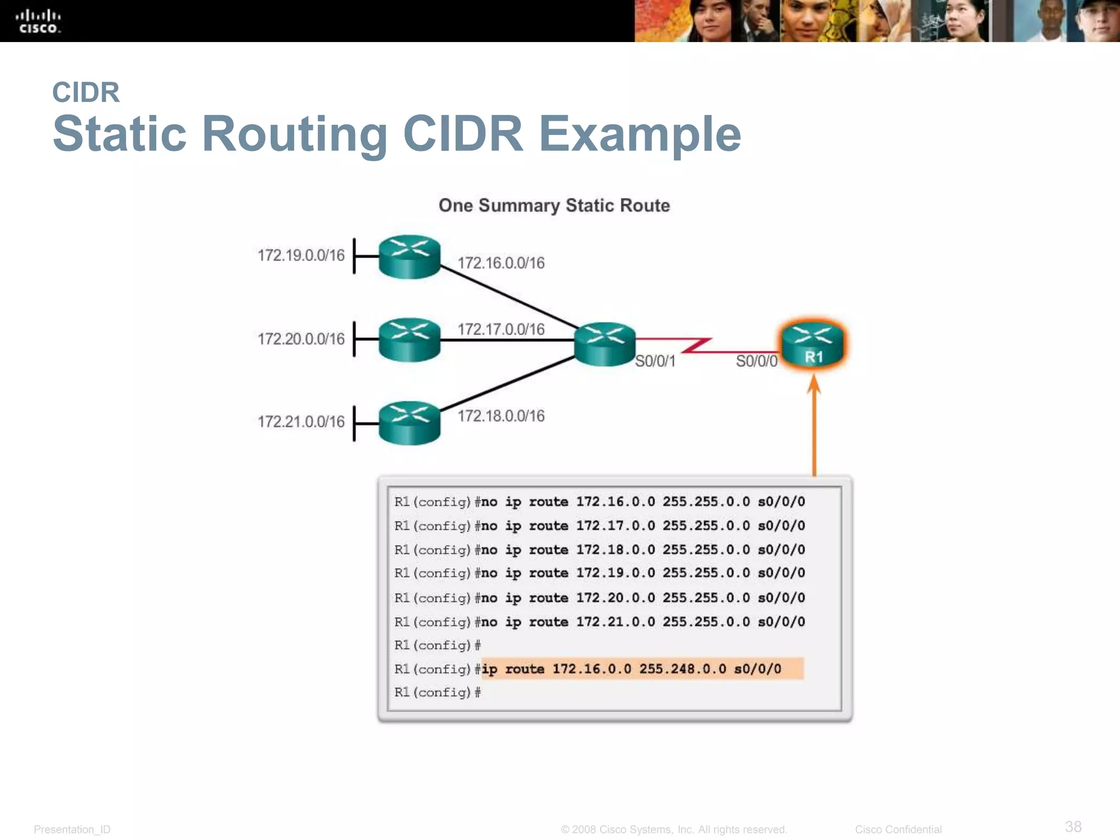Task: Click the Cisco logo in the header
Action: pyautogui.click(x=38, y=21)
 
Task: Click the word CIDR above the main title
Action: pyautogui.click(x=86, y=92)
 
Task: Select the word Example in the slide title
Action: pyautogui.click(x=639, y=134)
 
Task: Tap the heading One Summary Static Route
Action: pyautogui.click(x=554, y=206)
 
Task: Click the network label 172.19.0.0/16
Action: pyautogui.click(x=301, y=255)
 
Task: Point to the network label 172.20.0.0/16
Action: pyautogui.click(x=301, y=339)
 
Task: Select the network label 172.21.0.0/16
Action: pyautogui.click(x=301, y=422)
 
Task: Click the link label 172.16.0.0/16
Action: pyautogui.click(x=500, y=263)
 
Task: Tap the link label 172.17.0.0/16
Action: pyautogui.click(x=500, y=329)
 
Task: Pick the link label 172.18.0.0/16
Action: pyautogui.click(x=500, y=416)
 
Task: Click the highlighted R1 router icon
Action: pyautogui.click(x=813, y=345)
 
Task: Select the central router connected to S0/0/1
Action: pyautogui.click(x=604, y=343)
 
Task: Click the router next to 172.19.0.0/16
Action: pyautogui.click(x=409, y=256)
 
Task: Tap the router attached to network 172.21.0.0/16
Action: pyautogui.click(x=409, y=423)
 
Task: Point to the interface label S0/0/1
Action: pyautogui.click(x=655, y=361)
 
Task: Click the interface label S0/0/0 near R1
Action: pyautogui.click(x=756, y=361)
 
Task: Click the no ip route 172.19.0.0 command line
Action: pyautogui.click(x=599, y=573)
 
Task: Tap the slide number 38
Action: pyautogui.click(x=1073, y=826)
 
